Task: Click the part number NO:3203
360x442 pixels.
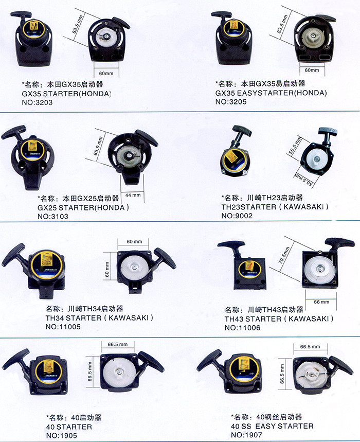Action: point(37,102)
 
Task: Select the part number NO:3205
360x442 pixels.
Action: point(231,102)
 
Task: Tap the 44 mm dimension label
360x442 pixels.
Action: point(133,195)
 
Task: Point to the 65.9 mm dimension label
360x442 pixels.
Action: point(98,146)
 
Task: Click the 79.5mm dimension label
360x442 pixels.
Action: point(284,255)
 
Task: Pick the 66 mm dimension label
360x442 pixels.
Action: point(321,302)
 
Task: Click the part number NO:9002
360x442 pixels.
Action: point(237,216)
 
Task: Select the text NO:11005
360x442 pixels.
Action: point(63,327)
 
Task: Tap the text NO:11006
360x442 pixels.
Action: point(242,328)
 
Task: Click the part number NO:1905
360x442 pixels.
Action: point(62,435)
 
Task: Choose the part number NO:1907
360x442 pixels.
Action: point(246,435)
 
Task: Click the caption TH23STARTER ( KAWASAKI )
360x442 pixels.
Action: point(275,207)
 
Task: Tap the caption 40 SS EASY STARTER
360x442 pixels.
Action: point(272,426)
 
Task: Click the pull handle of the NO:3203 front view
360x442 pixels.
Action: point(21,14)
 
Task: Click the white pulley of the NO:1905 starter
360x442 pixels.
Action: point(119,373)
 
